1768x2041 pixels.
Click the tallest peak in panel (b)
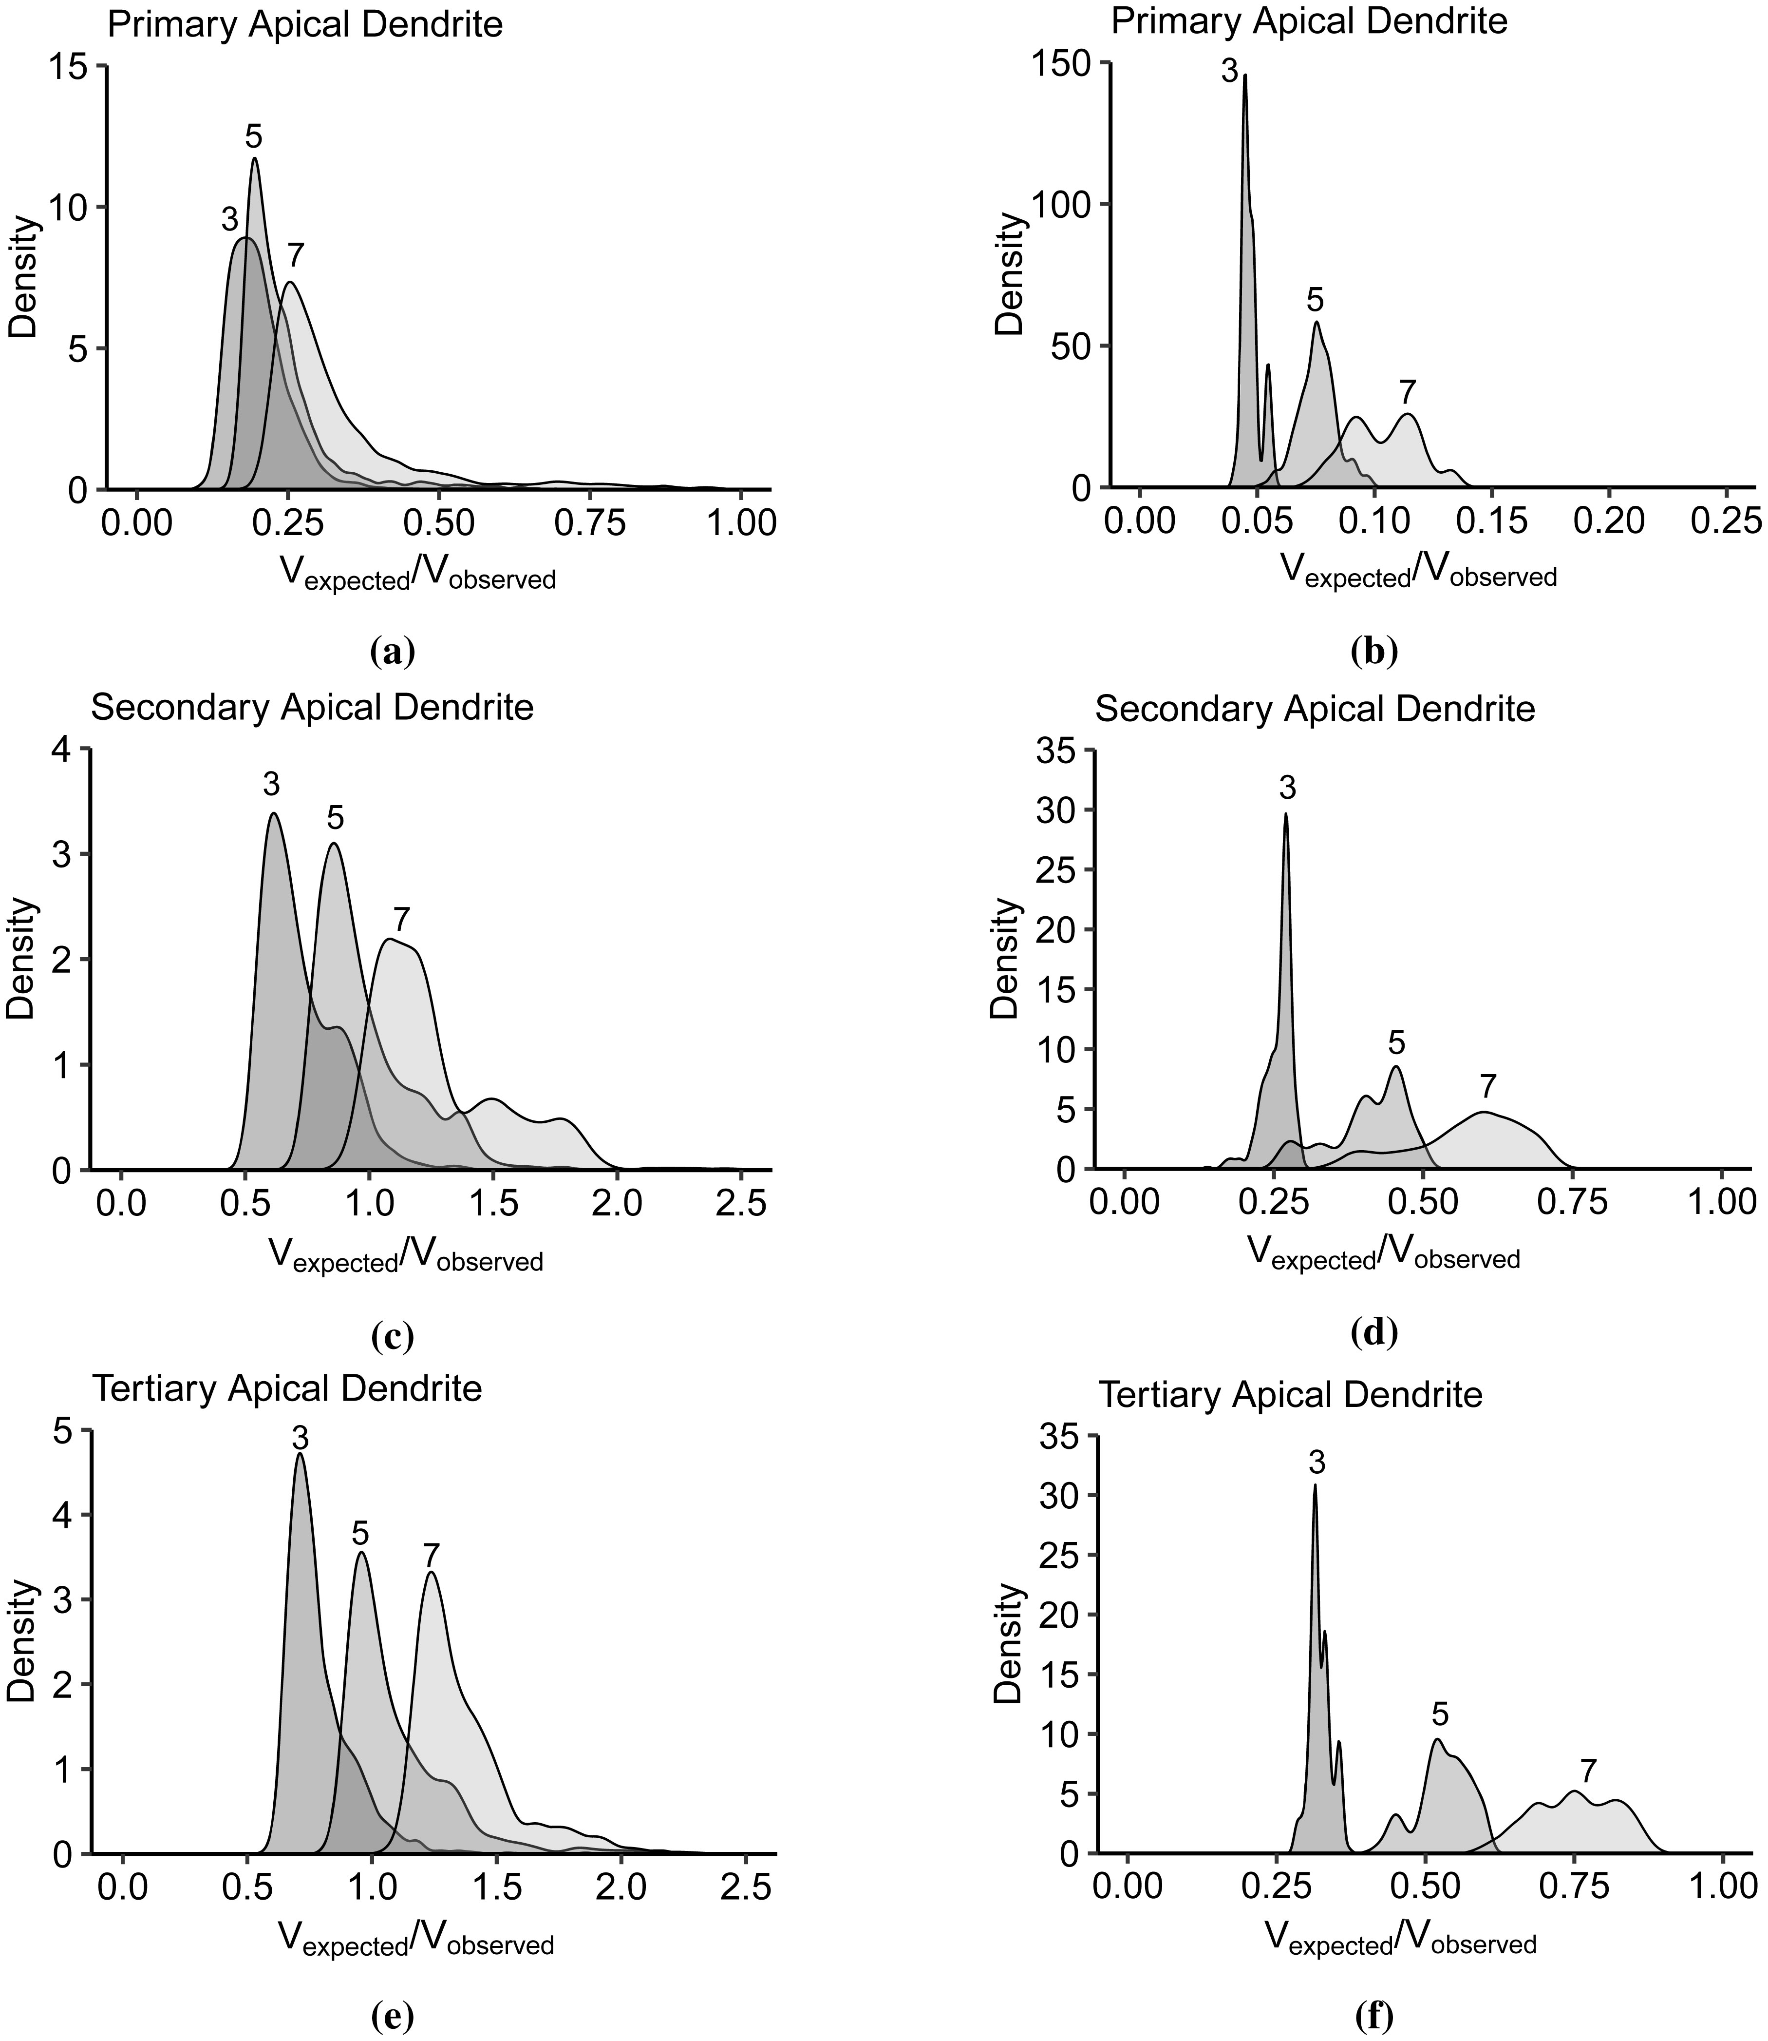(1245, 75)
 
